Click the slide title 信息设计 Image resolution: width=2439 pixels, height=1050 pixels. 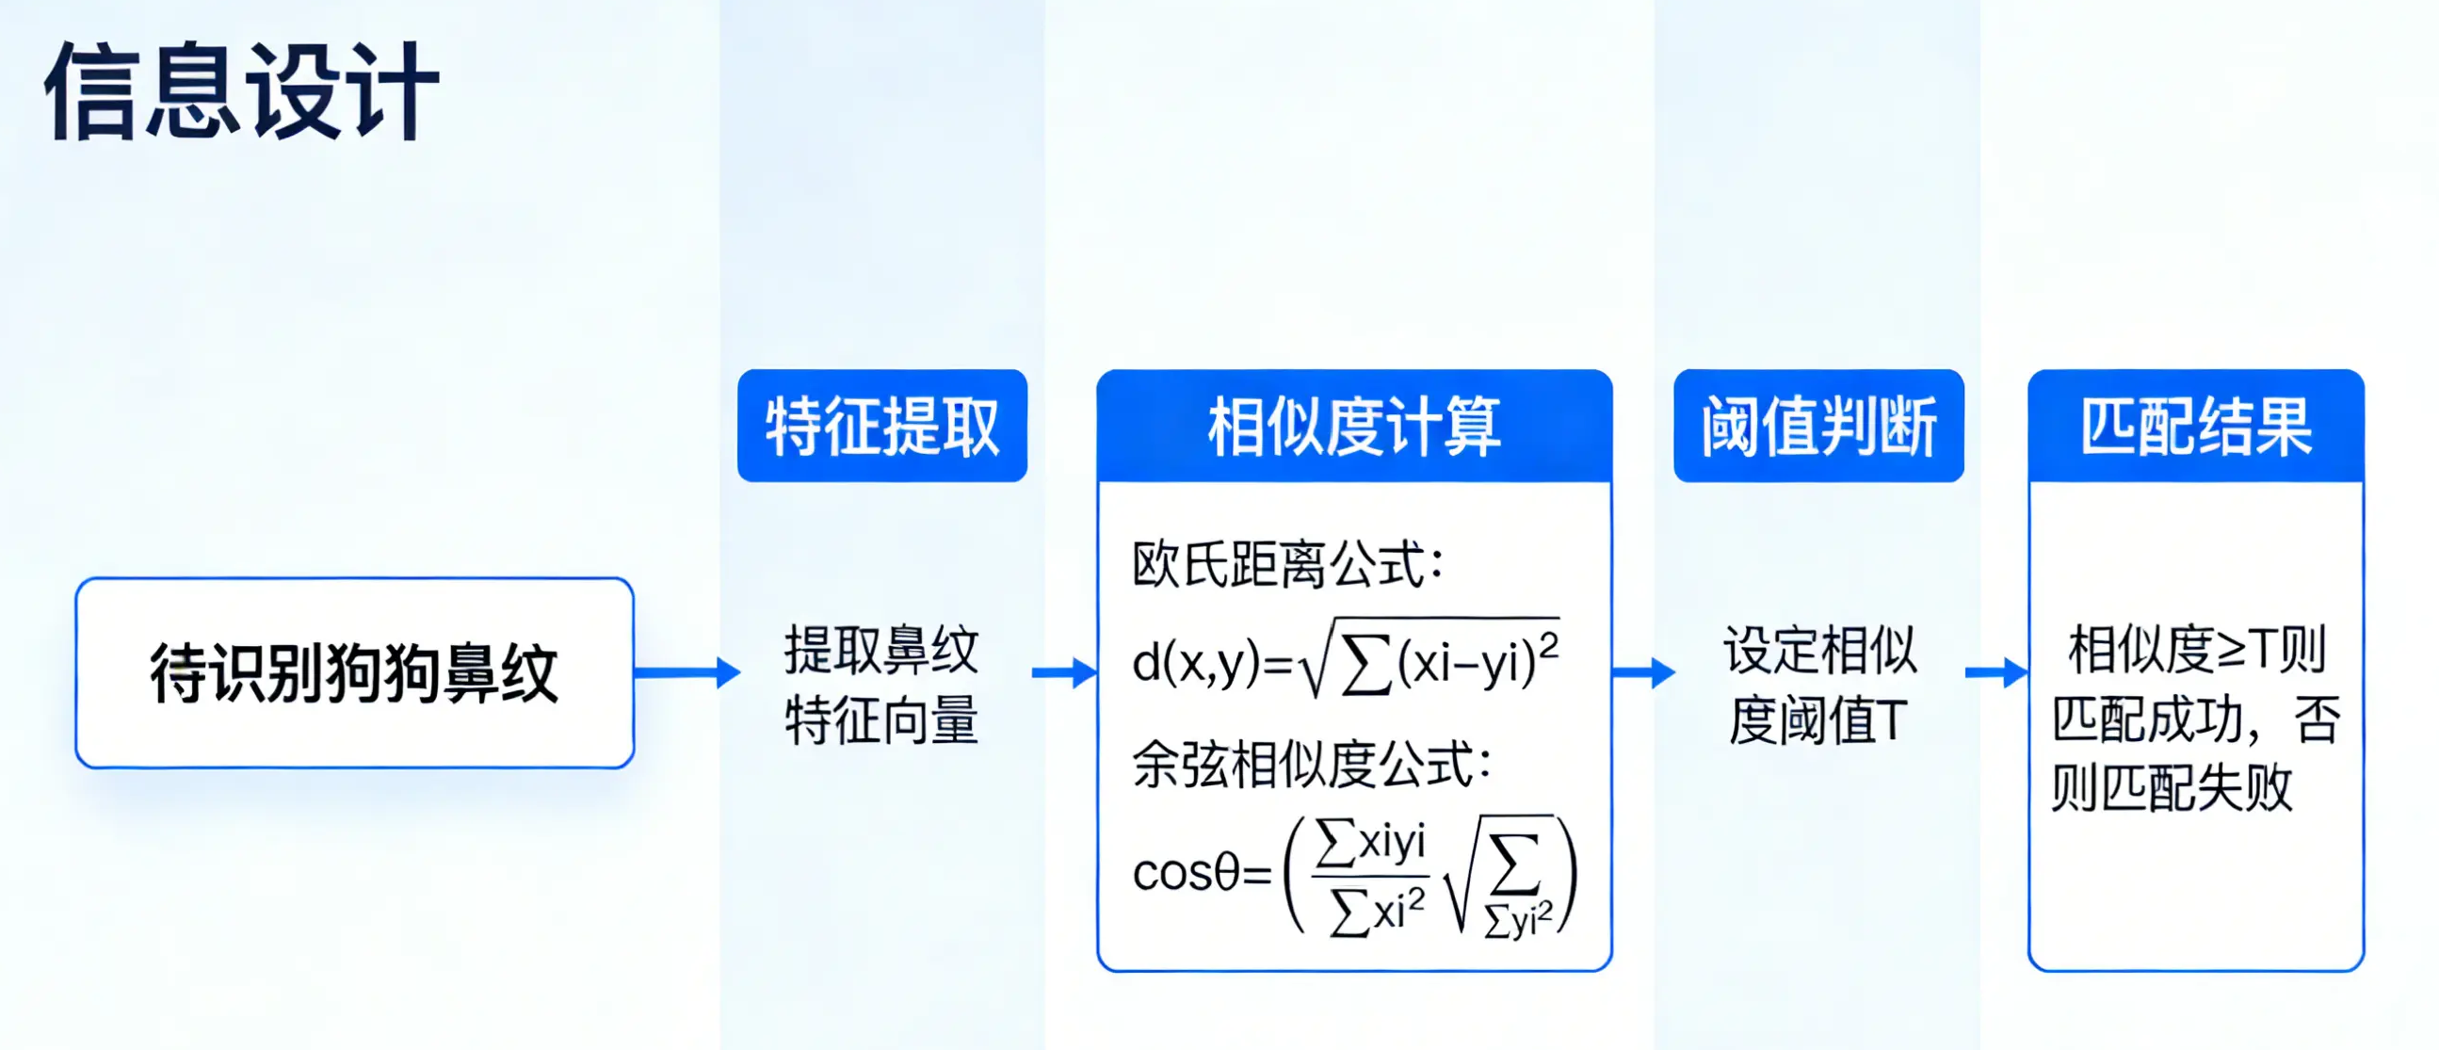(x=241, y=91)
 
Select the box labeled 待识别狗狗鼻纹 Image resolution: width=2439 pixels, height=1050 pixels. (x=355, y=672)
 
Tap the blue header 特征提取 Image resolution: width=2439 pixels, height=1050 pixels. (x=882, y=426)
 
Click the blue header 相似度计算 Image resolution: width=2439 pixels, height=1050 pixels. (x=1354, y=426)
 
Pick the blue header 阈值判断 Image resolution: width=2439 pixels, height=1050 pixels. (x=1818, y=426)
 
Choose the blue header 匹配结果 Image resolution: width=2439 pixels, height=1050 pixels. (x=2197, y=426)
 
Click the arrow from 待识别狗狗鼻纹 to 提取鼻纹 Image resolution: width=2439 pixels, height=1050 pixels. (x=687, y=672)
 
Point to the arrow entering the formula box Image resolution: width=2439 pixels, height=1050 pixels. (x=1064, y=672)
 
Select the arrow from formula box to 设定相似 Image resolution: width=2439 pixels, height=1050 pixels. (x=1643, y=672)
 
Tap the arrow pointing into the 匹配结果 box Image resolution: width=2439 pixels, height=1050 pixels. (x=1996, y=672)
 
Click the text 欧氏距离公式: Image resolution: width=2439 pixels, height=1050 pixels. (x=1287, y=564)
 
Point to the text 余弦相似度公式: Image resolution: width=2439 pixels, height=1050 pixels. (x=1312, y=764)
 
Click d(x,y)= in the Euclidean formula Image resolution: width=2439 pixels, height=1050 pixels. (x=1213, y=662)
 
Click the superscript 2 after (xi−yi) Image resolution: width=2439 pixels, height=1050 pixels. (x=1549, y=646)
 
